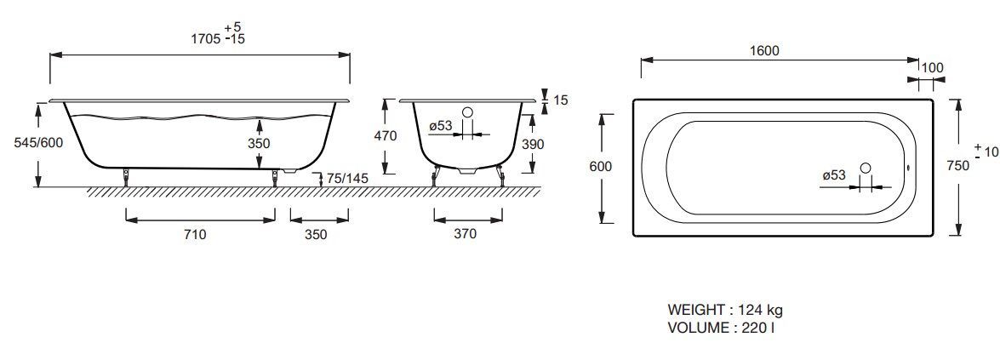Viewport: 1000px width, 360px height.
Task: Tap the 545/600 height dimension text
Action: [x=39, y=143]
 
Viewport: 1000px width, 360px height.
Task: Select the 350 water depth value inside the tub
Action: [x=259, y=144]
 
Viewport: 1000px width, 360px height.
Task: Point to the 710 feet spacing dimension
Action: [x=195, y=234]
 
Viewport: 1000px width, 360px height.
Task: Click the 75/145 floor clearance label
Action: [x=347, y=179]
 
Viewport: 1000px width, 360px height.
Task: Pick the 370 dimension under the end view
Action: [x=465, y=234]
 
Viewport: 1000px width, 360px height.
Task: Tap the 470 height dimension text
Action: [x=386, y=136]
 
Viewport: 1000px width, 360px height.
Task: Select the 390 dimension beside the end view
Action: [x=533, y=145]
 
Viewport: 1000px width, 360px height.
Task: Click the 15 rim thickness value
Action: [x=561, y=100]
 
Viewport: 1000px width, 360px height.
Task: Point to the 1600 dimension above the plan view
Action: [x=764, y=51]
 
